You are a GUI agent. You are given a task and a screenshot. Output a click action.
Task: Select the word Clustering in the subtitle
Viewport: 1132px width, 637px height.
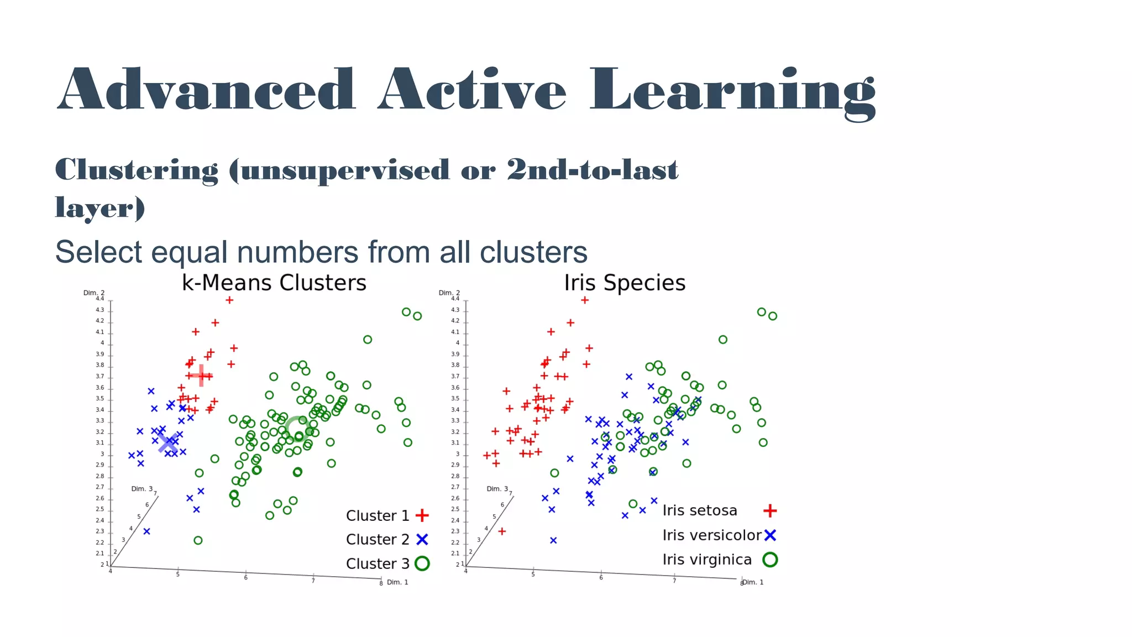(137, 170)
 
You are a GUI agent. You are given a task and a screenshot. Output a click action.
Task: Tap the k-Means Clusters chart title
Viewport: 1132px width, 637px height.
(274, 283)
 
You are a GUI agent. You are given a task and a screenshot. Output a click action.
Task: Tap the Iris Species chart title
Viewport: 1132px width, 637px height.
(625, 283)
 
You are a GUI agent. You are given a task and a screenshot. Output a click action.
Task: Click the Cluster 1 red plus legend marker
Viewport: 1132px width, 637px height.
(422, 515)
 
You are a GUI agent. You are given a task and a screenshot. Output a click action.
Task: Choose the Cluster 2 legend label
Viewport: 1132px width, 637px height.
(378, 539)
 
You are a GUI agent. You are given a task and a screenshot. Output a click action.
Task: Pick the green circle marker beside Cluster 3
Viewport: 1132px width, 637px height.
(422, 563)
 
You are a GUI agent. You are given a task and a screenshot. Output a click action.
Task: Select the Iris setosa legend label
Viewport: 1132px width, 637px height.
(700, 510)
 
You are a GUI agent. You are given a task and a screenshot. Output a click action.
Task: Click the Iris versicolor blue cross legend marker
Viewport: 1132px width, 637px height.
(770, 535)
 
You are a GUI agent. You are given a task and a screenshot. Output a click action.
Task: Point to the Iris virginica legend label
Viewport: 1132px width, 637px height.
(707, 560)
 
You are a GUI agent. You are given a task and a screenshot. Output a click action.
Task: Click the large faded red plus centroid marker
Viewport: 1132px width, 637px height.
(201, 376)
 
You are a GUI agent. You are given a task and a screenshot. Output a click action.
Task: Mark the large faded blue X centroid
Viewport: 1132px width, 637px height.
(168, 442)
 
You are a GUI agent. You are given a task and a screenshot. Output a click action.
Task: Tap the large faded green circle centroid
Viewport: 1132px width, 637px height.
(297, 429)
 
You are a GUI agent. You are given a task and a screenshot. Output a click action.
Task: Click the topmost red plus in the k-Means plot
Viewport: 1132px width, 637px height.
(229, 300)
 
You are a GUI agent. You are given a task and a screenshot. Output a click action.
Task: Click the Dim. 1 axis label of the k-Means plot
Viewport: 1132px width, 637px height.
(397, 582)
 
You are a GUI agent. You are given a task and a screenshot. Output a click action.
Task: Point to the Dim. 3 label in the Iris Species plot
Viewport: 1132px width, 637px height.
(497, 489)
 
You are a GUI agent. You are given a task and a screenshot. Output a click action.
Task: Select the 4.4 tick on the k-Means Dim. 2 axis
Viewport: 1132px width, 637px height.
(99, 299)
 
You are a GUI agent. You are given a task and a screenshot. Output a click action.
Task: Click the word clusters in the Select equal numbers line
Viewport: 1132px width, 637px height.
(533, 252)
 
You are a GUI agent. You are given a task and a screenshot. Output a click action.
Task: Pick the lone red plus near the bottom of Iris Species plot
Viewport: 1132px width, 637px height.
(502, 531)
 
